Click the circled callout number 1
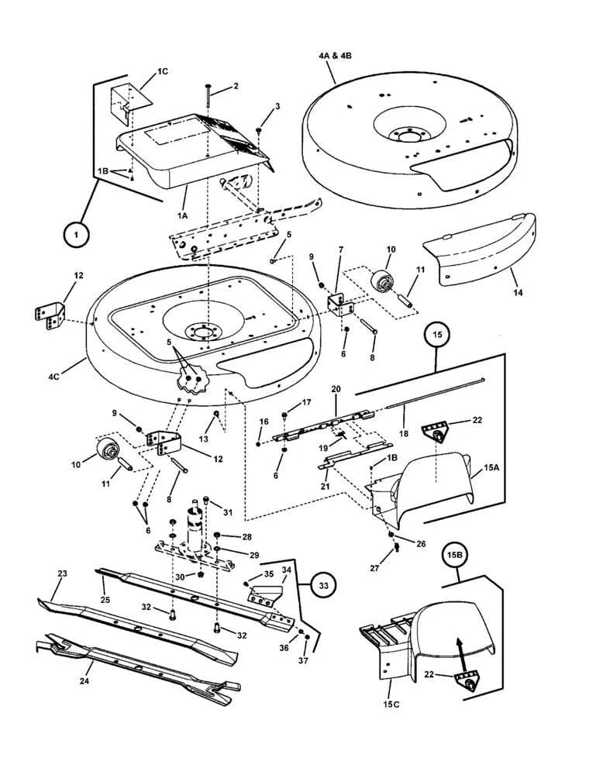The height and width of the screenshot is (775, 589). [76, 235]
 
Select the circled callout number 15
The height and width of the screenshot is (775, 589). [437, 335]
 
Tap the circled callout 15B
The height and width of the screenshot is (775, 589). [455, 555]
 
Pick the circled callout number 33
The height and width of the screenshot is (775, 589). [322, 586]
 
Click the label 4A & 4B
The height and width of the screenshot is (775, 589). [335, 56]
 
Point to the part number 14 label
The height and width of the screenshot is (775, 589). [518, 293]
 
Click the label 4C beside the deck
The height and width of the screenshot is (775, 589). [53, 377]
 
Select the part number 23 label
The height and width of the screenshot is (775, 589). [62, 573]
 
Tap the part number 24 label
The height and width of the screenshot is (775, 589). [84, 681]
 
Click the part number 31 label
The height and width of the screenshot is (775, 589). [227, 512]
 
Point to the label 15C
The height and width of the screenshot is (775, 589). [391, 704]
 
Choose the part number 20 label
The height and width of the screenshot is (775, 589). [336, 390]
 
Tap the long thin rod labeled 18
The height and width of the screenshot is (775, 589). [436, 392]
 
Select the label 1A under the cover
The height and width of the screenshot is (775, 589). [182, 215]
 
